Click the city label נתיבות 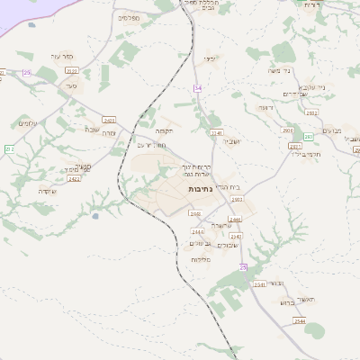[200, 189]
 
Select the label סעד [71, 85]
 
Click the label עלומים [28, 122]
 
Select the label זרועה [265, 107]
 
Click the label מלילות [200, 259]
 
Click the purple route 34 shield [198, 87]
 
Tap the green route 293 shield [309, 137]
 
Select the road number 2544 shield [300, 321]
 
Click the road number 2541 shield [259, 284]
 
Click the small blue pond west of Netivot [94, 216]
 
